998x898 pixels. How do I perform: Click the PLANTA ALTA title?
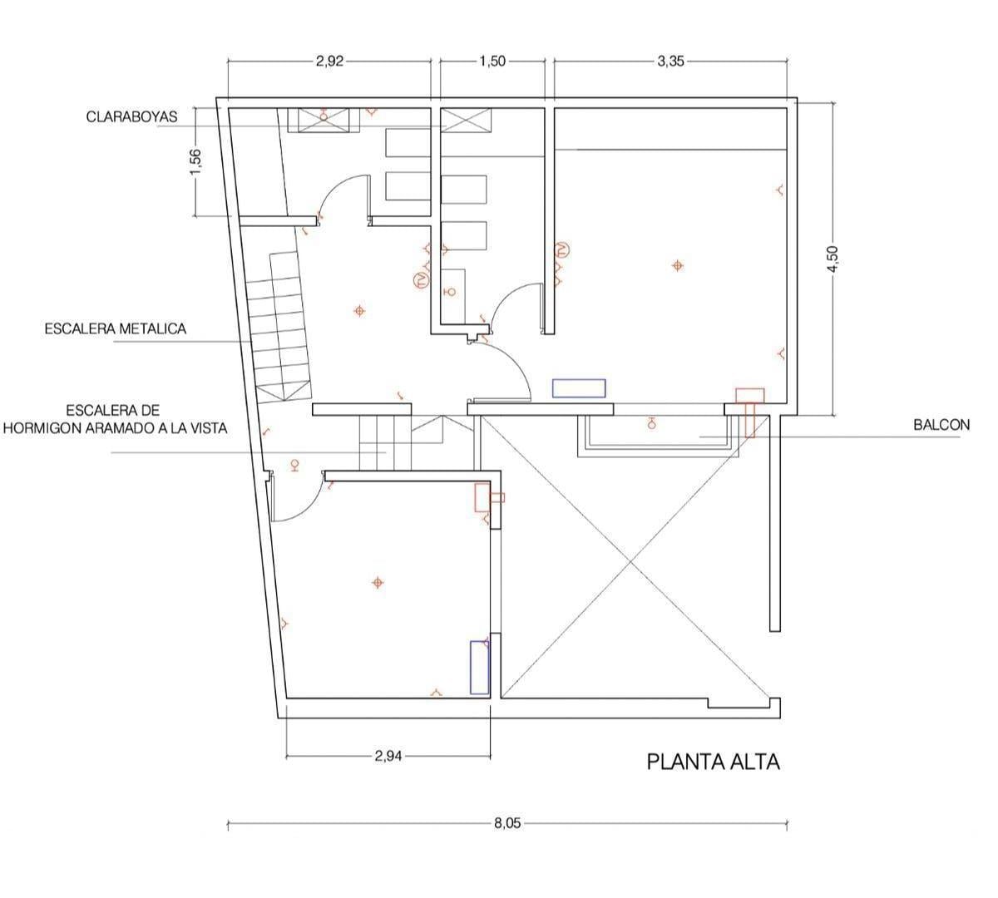(x=713, y=762)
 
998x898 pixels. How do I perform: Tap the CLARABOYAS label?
(x=132, y=117)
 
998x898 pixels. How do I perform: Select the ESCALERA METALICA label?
(x=116, y=329)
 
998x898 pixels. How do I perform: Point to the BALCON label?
(x=941, y=425)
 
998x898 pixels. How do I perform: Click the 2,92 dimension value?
(x=330, y=62)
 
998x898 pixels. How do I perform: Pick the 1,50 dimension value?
(x=492, y=62)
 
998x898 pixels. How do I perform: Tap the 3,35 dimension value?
(x=670, y=62)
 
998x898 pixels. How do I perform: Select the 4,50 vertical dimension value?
(x=832, y=259)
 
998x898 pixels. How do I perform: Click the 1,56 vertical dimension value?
(x=195, y=161)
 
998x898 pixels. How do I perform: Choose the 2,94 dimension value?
(x=388, y=756)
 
